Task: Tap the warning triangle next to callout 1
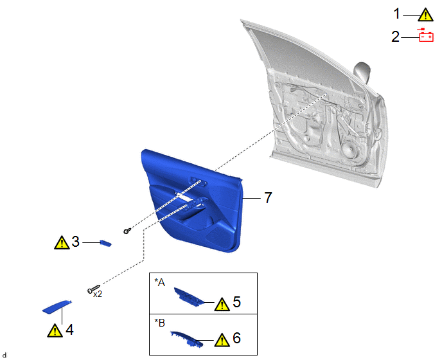[425, 15]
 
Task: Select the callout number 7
[268, 197]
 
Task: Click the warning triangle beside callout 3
[62, 242]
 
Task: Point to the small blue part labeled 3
[106, 243]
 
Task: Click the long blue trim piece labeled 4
[57, 307]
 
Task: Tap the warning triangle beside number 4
[55, 330]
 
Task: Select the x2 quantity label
[98, 294]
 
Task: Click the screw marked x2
[93, 289]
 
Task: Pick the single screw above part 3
[127, 231]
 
